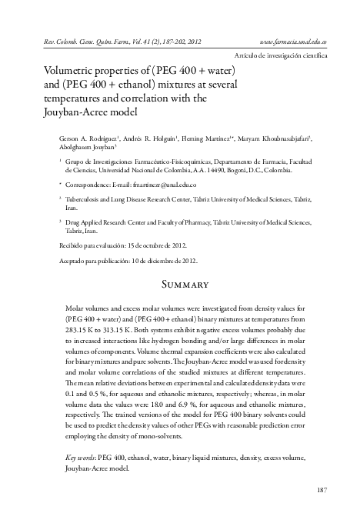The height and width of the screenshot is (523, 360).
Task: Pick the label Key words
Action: coord(82,458)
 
